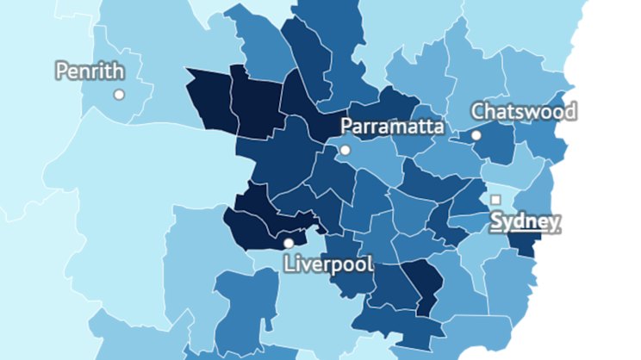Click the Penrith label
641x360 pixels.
90,71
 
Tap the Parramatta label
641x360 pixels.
393,127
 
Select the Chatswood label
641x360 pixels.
524,111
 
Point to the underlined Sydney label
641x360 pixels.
526,221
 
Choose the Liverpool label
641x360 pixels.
328,264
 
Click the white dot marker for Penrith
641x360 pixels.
119,94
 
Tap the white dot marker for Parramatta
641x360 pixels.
345,150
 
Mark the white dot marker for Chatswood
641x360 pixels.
476,135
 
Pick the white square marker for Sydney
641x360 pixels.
495,200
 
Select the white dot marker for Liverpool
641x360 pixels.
289,243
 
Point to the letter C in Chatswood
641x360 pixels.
478,111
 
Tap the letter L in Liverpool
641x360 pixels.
289,264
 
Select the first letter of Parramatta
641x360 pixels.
347,127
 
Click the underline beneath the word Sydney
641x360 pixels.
526,233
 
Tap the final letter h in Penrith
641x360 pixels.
118,71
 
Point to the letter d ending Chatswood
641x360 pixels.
570,111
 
